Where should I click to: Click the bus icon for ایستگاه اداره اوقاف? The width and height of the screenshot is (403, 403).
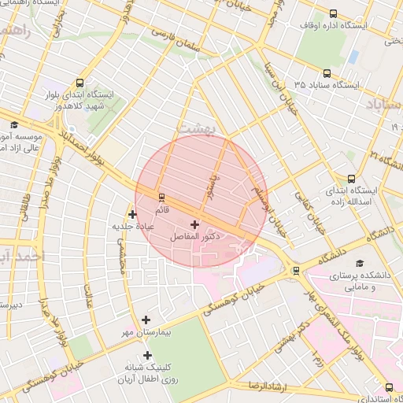333,13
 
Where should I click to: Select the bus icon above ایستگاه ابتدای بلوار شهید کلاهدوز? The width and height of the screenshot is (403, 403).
80,82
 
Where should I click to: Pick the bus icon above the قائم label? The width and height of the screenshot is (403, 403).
162,197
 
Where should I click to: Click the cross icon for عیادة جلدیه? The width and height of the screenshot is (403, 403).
132,214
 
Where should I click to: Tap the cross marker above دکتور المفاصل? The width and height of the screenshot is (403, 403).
195,225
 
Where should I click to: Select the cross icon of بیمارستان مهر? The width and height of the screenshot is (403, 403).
146,320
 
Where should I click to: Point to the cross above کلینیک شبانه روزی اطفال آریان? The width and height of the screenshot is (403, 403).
146,355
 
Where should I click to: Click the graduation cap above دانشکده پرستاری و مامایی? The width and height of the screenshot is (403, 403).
360,263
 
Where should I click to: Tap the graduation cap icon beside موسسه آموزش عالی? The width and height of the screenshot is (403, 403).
13,124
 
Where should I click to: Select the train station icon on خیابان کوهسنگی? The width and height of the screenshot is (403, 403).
296,271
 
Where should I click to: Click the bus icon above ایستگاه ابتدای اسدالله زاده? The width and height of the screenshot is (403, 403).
350,179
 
